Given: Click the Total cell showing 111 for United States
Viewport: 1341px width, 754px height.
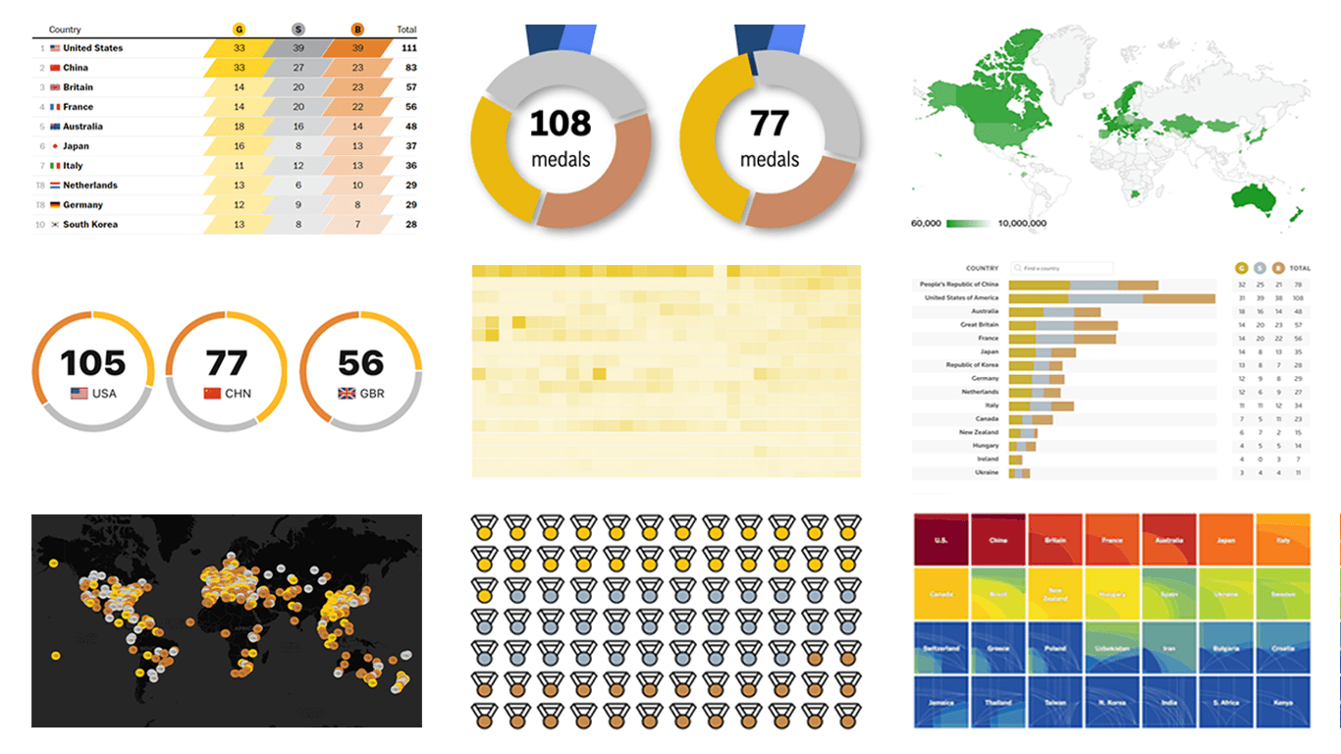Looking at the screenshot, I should click(x=408, y=48).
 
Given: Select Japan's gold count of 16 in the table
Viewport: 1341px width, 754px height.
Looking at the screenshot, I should click(x=239, y=146).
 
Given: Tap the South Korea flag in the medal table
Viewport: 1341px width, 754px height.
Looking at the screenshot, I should click(x=55, y=225).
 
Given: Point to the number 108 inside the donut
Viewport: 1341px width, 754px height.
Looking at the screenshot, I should click(x=561, y=125).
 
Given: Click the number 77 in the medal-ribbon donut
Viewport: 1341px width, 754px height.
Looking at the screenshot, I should click(x=770, y=125).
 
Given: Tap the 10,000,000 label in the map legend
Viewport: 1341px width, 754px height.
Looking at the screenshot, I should click(x=1022, y=224).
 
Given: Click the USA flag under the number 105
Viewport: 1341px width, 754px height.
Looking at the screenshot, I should click(x=80, y=394).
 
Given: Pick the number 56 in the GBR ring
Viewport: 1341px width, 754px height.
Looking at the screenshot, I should click(x=360, y=363).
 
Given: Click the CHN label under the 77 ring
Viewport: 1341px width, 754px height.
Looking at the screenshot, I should click(x=238, y=394).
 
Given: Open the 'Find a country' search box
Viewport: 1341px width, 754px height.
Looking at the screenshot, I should click(x=1065, y=268).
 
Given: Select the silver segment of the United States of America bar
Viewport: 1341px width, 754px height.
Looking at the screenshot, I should click(x=1105, y=297).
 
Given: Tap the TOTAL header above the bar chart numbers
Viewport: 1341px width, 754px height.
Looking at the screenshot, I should click(x=1299, y=268).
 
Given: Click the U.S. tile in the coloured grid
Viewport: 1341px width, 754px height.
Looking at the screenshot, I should click(x=940, y=540).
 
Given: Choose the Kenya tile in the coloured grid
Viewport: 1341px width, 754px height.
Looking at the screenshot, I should click(x=1282, y=703).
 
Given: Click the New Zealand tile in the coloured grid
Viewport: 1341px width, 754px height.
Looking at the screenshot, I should click(x=1055, y=594).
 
